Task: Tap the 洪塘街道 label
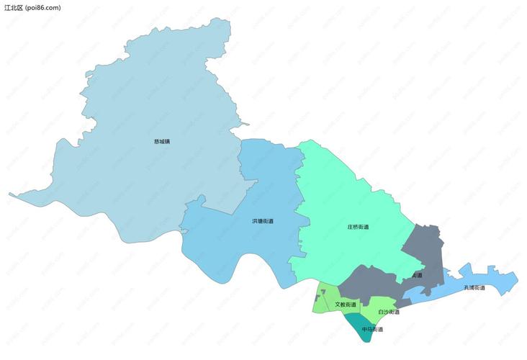tap(262, 220)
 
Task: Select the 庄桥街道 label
tap(358, 227)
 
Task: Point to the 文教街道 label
tap(346, 305)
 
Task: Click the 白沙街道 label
tap(389, 312)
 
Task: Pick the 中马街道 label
tap(372, 329)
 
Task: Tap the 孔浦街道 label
tap(474, 287)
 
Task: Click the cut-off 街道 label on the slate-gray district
tap(418, 275)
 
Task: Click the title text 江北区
tap(14, 7)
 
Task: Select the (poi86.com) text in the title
tap(43, 7)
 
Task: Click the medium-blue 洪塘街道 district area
tap(238, 238)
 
